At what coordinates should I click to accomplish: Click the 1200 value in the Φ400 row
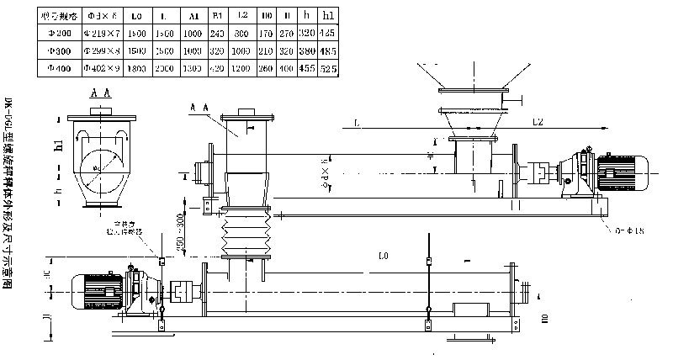pyautogui.click(x=242, y=67)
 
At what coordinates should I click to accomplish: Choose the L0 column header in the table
pyautogui.click(x=137, y=15)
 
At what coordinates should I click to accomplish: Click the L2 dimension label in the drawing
pyautogui.click(x=541, y=123)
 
